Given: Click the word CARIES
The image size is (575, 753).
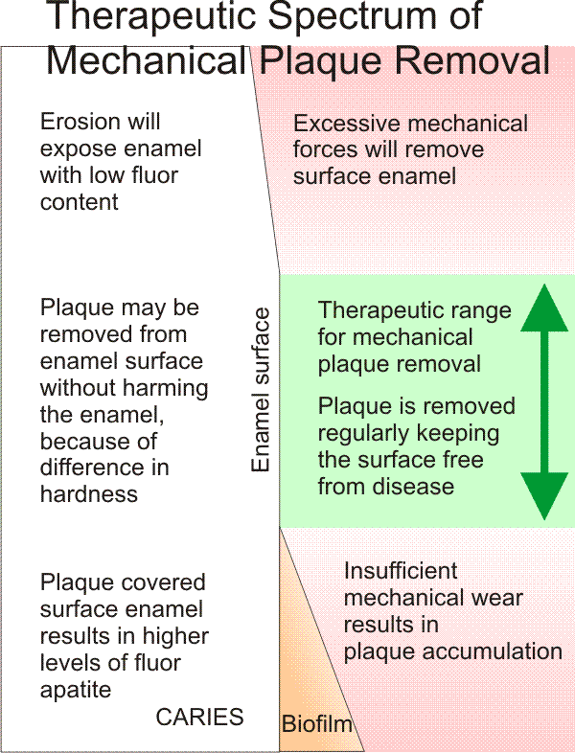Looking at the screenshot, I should (x=200, y=717).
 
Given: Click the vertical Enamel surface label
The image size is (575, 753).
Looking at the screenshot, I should (x=262, y=390).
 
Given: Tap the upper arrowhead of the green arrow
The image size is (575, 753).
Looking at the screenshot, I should (x=543, y=307).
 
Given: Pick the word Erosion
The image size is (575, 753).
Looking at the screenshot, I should (x=79, y=122).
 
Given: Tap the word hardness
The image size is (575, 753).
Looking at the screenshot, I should (x=88, y=494).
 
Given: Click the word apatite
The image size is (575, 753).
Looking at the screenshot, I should (x=74, y=689).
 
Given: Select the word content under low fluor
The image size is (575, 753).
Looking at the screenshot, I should (x=79, y=202).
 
